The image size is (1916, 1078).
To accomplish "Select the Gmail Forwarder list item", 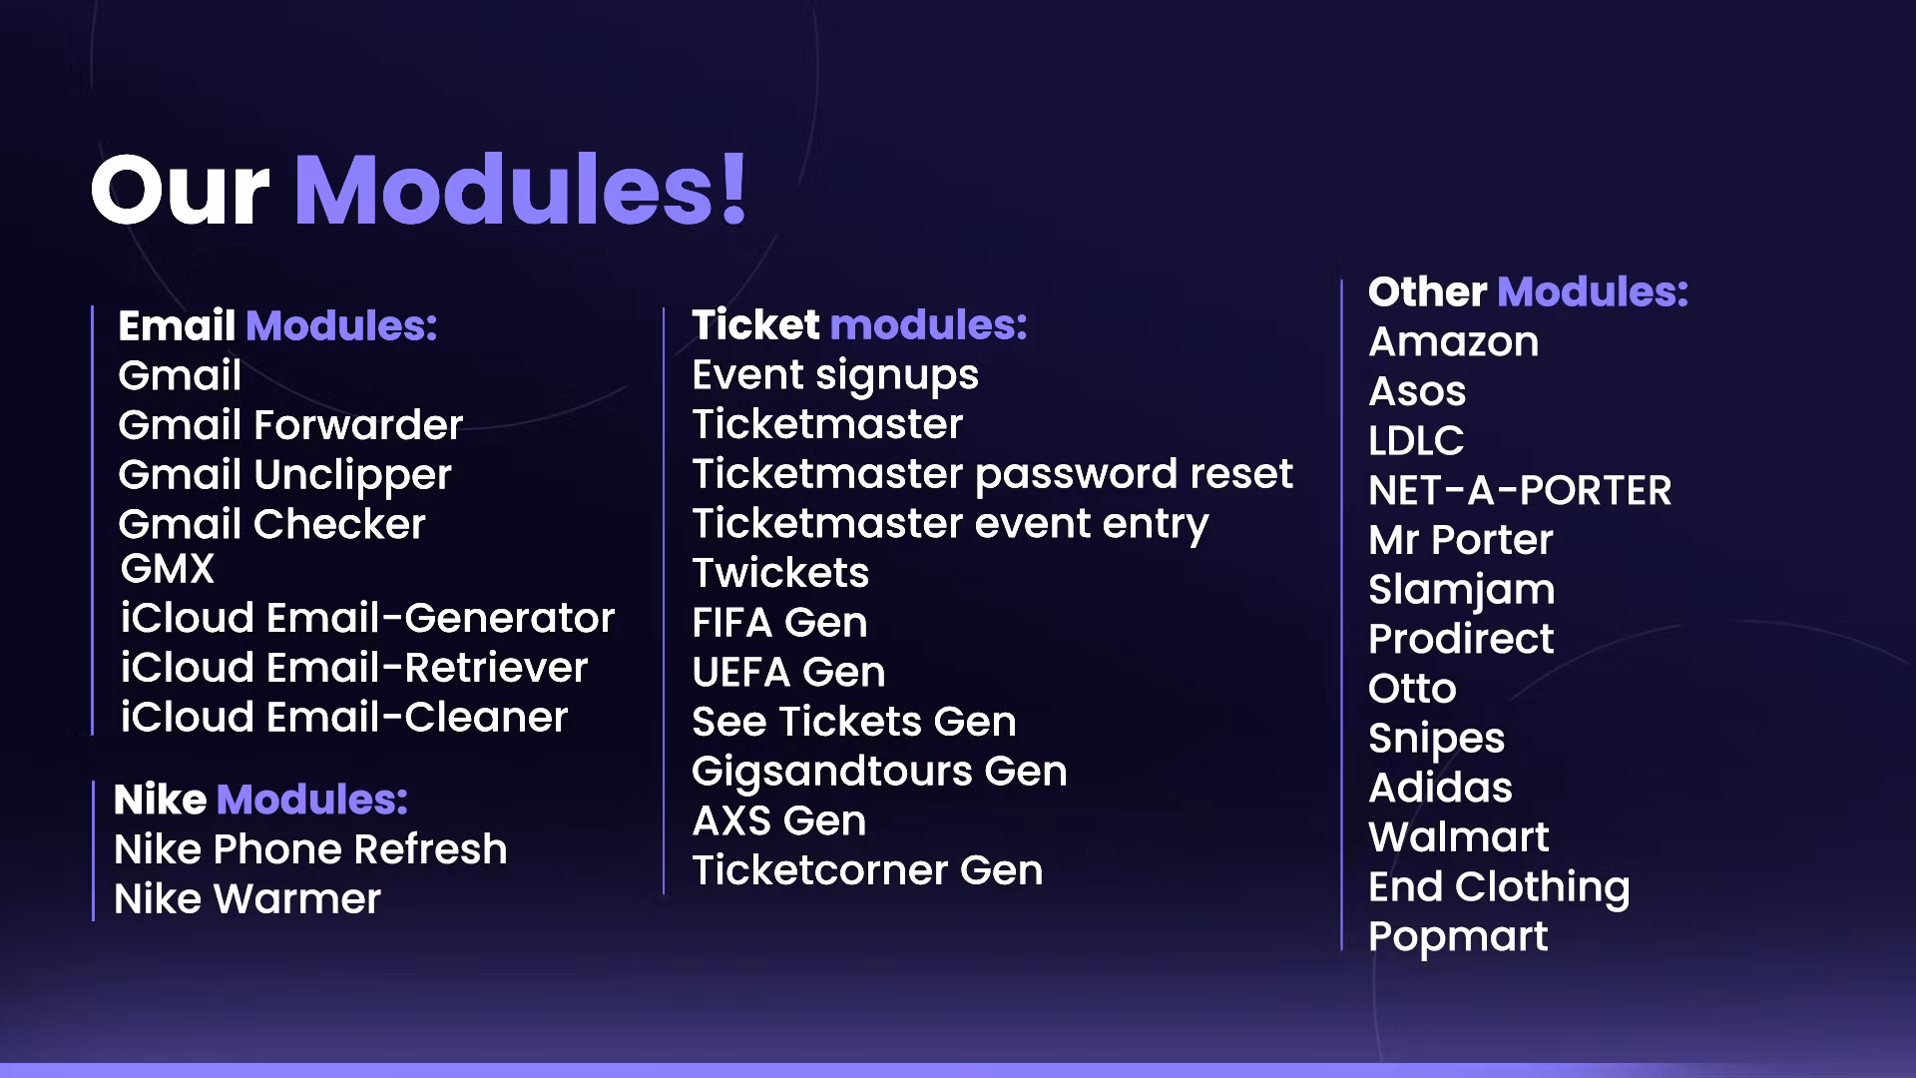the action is click(290, 425).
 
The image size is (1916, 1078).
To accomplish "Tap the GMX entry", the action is click(167, 568).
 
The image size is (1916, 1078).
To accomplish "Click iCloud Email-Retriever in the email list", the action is click(354, 667).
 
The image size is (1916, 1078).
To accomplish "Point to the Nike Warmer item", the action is click(247, 898).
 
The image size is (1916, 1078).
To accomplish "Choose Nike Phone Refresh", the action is click(310, 848).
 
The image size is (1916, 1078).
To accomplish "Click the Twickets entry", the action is click(780, 573).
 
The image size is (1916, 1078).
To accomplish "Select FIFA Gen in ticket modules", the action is click(779, 622).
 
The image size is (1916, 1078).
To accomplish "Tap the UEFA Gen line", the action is click(788, 672).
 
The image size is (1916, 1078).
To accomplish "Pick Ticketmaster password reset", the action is click(993, 474).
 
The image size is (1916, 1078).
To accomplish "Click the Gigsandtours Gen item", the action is click(879, 772).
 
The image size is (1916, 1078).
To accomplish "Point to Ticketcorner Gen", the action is click(867, 870).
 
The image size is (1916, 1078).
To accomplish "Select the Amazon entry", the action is click(1454, 341).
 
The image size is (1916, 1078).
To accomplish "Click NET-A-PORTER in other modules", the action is click(1520, 490).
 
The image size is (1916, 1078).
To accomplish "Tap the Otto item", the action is click(1412, 689).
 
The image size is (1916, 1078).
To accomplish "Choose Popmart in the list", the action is click(1458, 937).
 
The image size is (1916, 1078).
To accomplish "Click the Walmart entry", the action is click(1459, 836).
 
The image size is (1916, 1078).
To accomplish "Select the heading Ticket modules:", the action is click(859, 324).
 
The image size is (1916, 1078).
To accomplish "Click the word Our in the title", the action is click(181, 189).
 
